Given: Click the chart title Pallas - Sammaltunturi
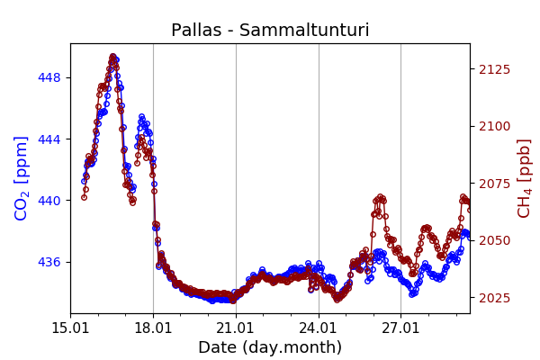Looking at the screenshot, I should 270,31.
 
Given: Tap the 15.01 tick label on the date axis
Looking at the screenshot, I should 70,328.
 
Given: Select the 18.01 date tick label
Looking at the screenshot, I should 153,328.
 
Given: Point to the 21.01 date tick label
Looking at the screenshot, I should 236,328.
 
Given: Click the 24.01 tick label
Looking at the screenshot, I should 319,328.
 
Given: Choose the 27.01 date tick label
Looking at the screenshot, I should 401,328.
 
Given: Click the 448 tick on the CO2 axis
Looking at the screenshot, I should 50,77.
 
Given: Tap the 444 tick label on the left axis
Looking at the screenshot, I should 50,139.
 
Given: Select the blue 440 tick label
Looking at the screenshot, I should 50,201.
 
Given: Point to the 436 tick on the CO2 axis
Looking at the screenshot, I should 50,262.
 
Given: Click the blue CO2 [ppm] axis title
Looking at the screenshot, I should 22,177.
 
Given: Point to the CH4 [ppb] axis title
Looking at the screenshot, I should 524,177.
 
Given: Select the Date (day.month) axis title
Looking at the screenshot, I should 270,347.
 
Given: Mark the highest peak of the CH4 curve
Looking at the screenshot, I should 112,57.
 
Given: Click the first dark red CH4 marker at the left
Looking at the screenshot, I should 84,196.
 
